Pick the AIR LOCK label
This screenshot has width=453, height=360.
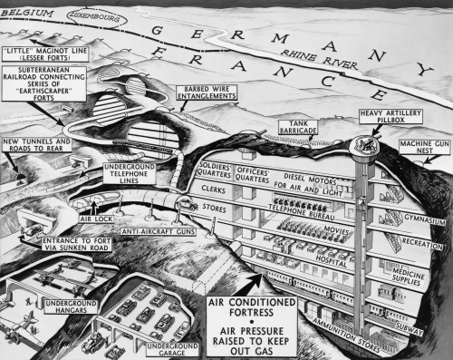[95, 219]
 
